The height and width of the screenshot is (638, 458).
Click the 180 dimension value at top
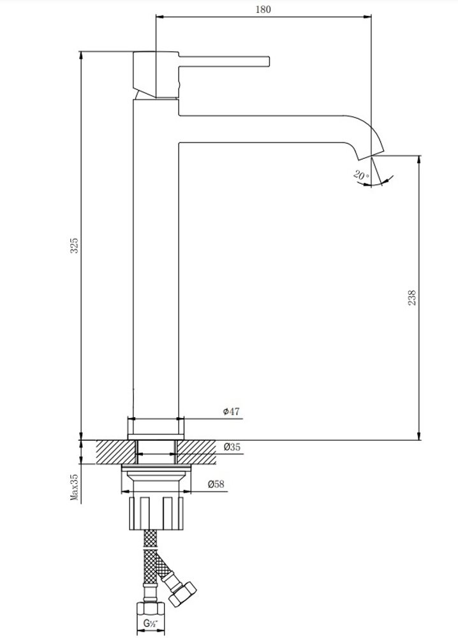coord(263,9)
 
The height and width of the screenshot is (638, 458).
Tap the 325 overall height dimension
coord(75,246)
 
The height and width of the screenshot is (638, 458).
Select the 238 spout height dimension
coord(411,298)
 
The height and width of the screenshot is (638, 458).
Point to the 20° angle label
coord(361,176)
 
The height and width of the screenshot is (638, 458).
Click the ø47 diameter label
coord(231,412)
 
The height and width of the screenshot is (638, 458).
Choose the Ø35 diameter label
coord(232,447)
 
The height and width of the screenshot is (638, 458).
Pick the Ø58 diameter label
coord(216,484)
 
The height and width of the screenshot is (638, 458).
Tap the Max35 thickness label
coord(75,487)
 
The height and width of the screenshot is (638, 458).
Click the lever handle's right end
coord(269,61)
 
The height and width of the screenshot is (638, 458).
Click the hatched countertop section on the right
coord(196,452)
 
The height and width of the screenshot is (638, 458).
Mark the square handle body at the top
coord(156,75)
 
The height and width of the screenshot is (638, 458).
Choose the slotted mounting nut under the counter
coord(156,514)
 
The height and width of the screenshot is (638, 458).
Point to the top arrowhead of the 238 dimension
coord(419,159)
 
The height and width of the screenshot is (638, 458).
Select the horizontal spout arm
coord(260,129)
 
